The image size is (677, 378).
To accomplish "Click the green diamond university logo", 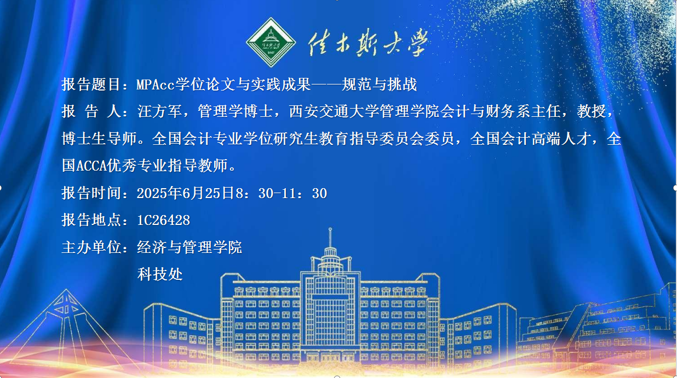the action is click(271, 42).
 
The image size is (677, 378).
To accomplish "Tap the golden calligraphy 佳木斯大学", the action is click(368, 42).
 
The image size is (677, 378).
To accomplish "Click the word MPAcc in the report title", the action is click(156, 84).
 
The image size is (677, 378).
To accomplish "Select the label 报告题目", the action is click(91, 84).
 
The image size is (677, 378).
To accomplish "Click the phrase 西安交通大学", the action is click(334, 111).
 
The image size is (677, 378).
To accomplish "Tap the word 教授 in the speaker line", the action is click(592, 111).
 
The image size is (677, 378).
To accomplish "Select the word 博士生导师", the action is click(99, 139).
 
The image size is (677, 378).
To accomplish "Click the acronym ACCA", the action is click(91, 166).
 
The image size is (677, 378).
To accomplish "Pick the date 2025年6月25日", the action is click(186, 193).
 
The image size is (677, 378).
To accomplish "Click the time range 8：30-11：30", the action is click(282, 193).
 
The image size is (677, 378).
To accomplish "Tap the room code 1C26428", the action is click(164, 221).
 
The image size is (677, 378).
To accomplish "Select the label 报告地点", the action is click(91, 220).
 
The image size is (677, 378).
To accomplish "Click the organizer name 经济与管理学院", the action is click(190, 247).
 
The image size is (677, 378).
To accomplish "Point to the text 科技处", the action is click(160, 274).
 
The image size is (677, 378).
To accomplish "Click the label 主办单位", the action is click(91, 247).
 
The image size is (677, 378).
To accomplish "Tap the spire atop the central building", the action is click(330, 238).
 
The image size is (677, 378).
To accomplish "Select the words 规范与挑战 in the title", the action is click(379, 84).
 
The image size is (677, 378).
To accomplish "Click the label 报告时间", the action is click(91, 193).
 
